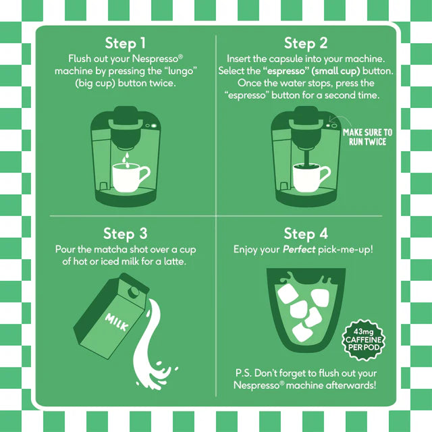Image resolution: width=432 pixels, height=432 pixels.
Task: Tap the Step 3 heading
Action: coord(125,234)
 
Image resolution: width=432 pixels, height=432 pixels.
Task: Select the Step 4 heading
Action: coord(306,234)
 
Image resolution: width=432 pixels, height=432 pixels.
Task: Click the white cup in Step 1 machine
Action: coord(128,178)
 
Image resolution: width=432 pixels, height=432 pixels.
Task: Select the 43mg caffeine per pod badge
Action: coord(367,337)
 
